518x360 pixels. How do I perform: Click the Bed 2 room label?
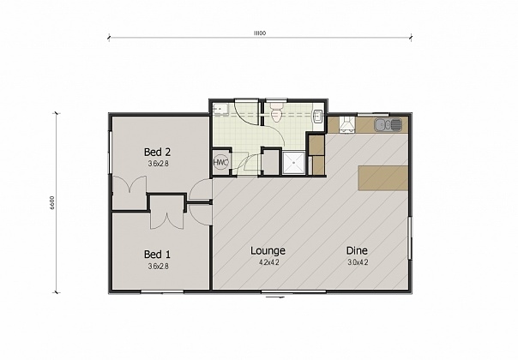pyautogui.click(x=156, y=152)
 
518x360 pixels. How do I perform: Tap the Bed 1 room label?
pyautogui.click(x=156, y=254)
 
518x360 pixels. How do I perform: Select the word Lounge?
pyautogui.click(x=268, y=250)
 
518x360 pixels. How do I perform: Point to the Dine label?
pyautogui.click(x=357, y=250)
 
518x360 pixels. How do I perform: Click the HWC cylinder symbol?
pyautogui.click(x=220, y=163)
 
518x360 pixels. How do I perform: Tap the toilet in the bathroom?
pyautogui.click(x=276, y=113)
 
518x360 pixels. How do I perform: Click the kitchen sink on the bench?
pyautogui.click(x=390, y=125)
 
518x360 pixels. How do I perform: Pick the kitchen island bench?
pyautogui.click(x=383, y=177)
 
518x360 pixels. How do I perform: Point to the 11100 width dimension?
pyautogui.click(x=258, y=33)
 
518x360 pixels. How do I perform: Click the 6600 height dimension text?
pyautogui.click(x=52, y=202)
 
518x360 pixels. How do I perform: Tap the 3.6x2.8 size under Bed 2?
pyautogui.click(x=156, y=163)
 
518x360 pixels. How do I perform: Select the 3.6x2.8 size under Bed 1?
pyautogui.click(x=156, y=265)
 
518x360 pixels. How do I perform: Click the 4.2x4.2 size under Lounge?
pyautogui.click(x=268, y=261)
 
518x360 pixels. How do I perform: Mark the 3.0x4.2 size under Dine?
pyautogui.click(x=357, y=261)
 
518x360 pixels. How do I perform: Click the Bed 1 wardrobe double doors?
pyautogui.click(x=166, y=218)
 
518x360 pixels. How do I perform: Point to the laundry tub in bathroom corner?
pyautogui.click(x=220, y=109)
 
